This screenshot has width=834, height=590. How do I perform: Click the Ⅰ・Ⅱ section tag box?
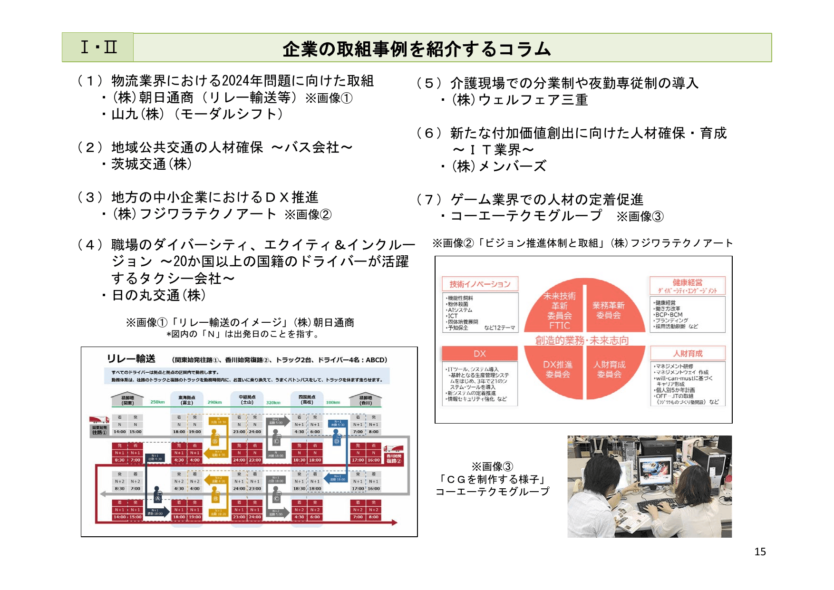[x=98, y=48]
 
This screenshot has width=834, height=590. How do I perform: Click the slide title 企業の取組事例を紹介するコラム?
[x=417, y=49]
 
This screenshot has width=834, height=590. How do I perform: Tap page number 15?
[x=760, y=551]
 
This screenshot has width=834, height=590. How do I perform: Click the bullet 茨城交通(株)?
[x=152, y=164]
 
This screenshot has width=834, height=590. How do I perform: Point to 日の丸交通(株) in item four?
[x=158, y=295]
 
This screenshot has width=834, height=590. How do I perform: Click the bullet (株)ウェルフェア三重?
[x=519, y=100]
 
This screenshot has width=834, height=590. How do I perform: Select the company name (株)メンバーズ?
[x=499, y=166]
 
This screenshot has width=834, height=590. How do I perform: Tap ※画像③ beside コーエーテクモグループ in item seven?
[x=640, y=217]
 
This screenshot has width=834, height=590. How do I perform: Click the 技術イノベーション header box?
[x=480, y=284]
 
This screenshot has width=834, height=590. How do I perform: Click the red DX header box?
[x=480, y=354]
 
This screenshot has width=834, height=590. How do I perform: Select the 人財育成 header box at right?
[x=688, y=353]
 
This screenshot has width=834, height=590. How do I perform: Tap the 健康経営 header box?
[x=688, y=286]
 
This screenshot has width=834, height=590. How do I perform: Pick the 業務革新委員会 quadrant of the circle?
[x=609, y=310]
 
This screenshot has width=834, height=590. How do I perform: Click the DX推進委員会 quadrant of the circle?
[x=558, y=369]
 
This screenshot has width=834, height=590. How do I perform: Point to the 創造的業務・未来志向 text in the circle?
[x=582, y=340]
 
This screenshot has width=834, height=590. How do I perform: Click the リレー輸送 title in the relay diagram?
[x=131, y=359]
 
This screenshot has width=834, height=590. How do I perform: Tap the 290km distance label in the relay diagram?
[x=214, y=402]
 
